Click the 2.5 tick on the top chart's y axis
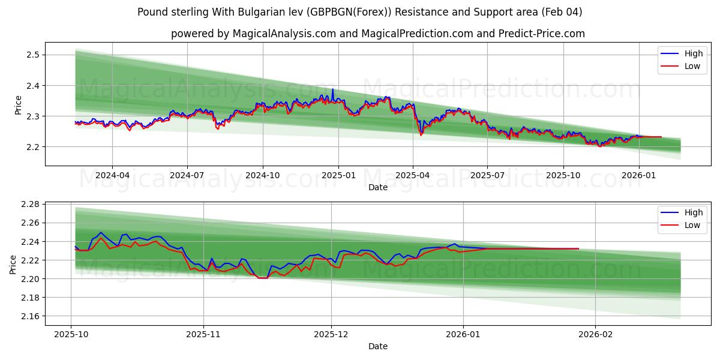click(32, 55)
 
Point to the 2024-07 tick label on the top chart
click(187, 176)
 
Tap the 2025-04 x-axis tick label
click(412, 176)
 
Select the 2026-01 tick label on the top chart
click(638, 176)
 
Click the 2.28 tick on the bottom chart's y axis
click(29, 205)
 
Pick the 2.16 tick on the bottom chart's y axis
click(29, 316)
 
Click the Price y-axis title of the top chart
click(18, 105)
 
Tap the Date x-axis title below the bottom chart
click(378, 346)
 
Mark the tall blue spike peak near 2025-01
click(332, 89)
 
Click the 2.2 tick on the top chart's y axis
click(32, 147)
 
